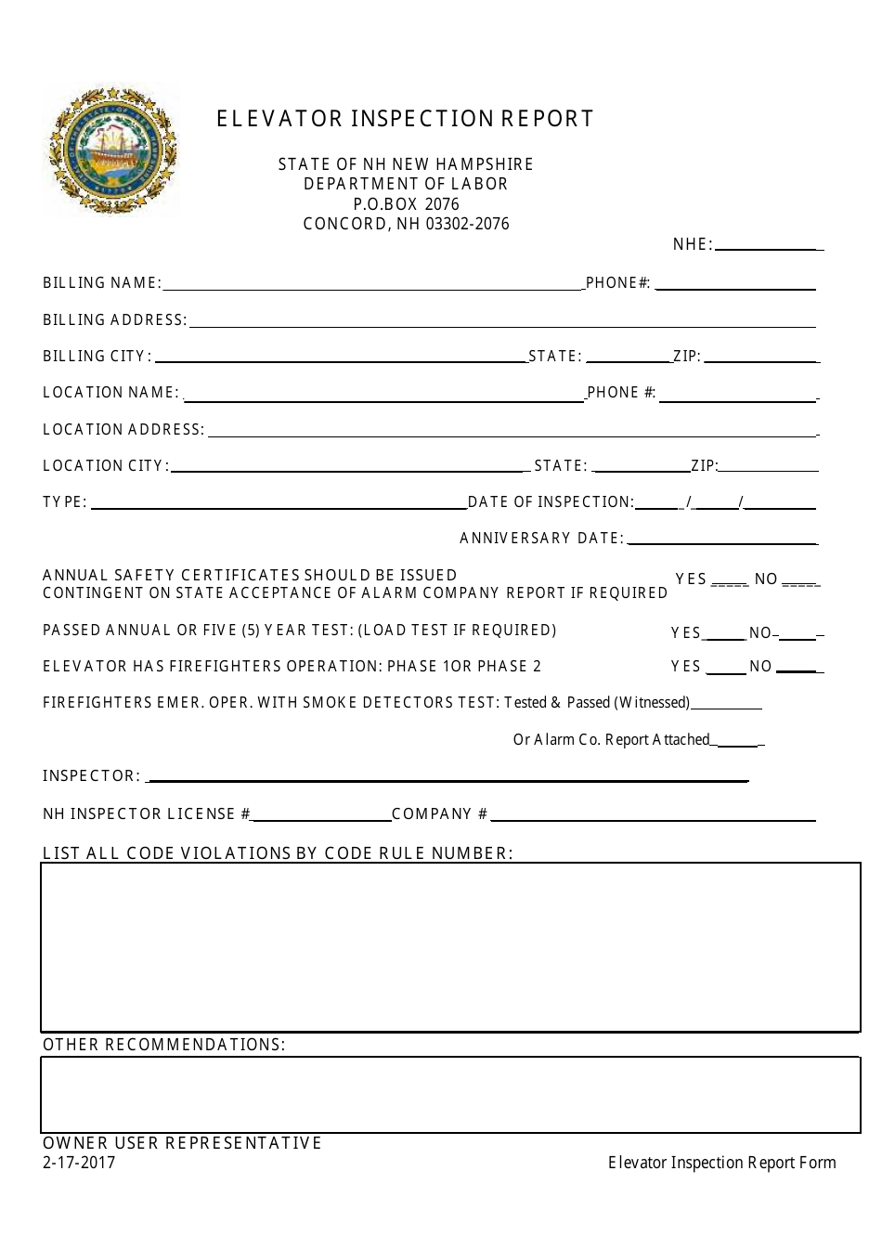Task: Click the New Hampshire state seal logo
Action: click(x=112, y=150)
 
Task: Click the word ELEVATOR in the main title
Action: click(x=279, y=119)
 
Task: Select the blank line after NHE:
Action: click(x=767, y=245)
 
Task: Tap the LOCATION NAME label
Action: click(x=110, y=393)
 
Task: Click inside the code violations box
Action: click(x=450, y=946)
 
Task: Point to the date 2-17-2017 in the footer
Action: click(x=79, y=1163)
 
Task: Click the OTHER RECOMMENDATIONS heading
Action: click(x=164, y=1045)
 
